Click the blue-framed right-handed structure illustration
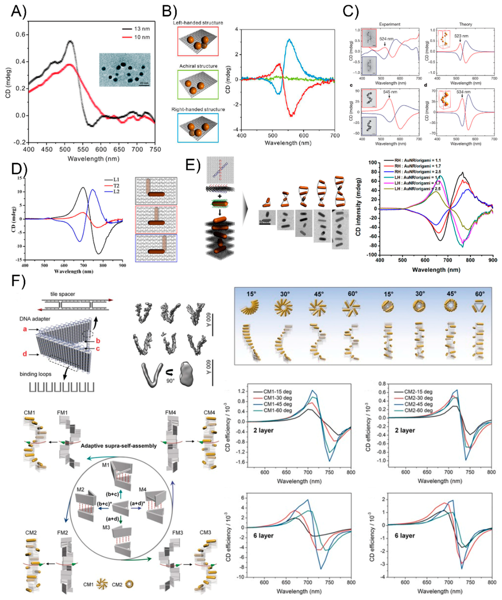198,128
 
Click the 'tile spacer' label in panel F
63,294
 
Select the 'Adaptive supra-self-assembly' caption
118,446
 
